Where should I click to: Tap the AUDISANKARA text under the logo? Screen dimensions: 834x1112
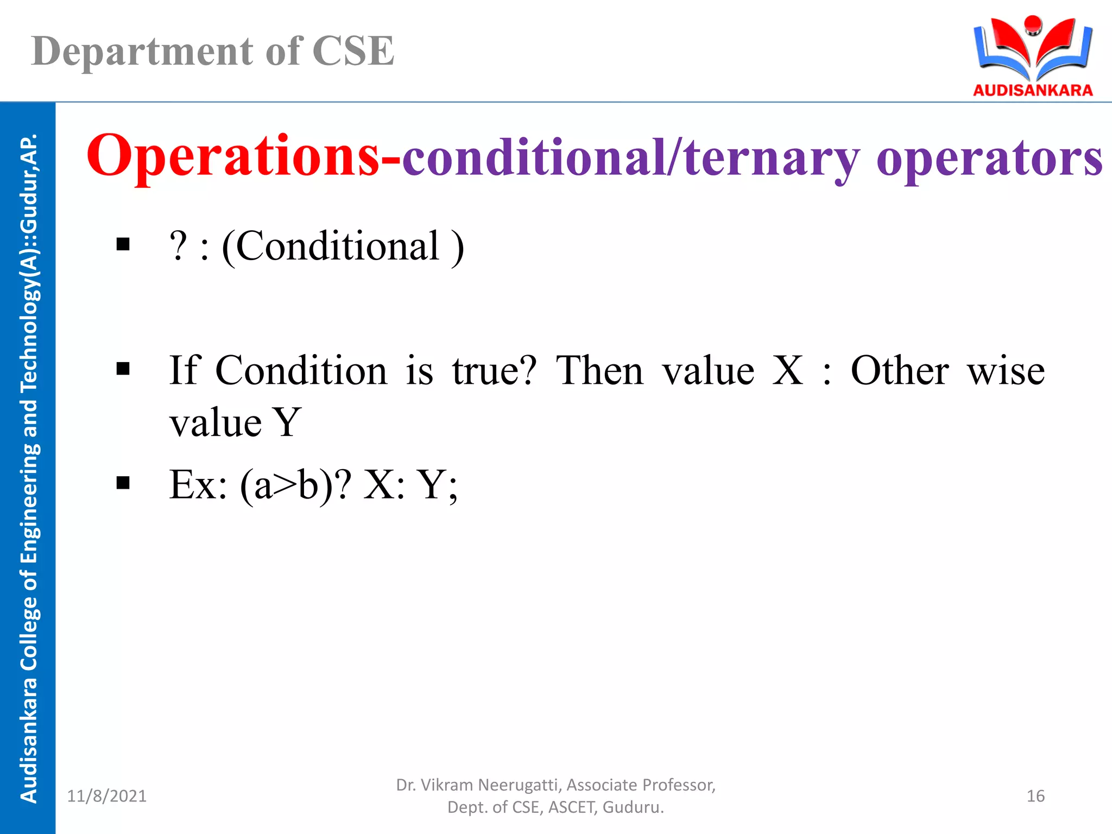pos(1033,90)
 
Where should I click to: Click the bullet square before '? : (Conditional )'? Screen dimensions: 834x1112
pos(123,244)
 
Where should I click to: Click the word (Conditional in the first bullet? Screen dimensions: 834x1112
pos(331,247)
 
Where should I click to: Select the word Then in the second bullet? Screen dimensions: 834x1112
pos(599,370)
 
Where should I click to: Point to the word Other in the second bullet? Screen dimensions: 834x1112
pos(900,370)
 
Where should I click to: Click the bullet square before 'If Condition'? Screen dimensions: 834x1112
pos(123,369)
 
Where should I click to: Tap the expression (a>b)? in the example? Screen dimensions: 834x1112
pos(295,485)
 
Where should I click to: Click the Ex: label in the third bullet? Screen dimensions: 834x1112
pos(198,484)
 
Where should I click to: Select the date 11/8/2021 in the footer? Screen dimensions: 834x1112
pos(107,796)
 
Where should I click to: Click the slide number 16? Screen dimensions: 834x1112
pos(1035,796)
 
